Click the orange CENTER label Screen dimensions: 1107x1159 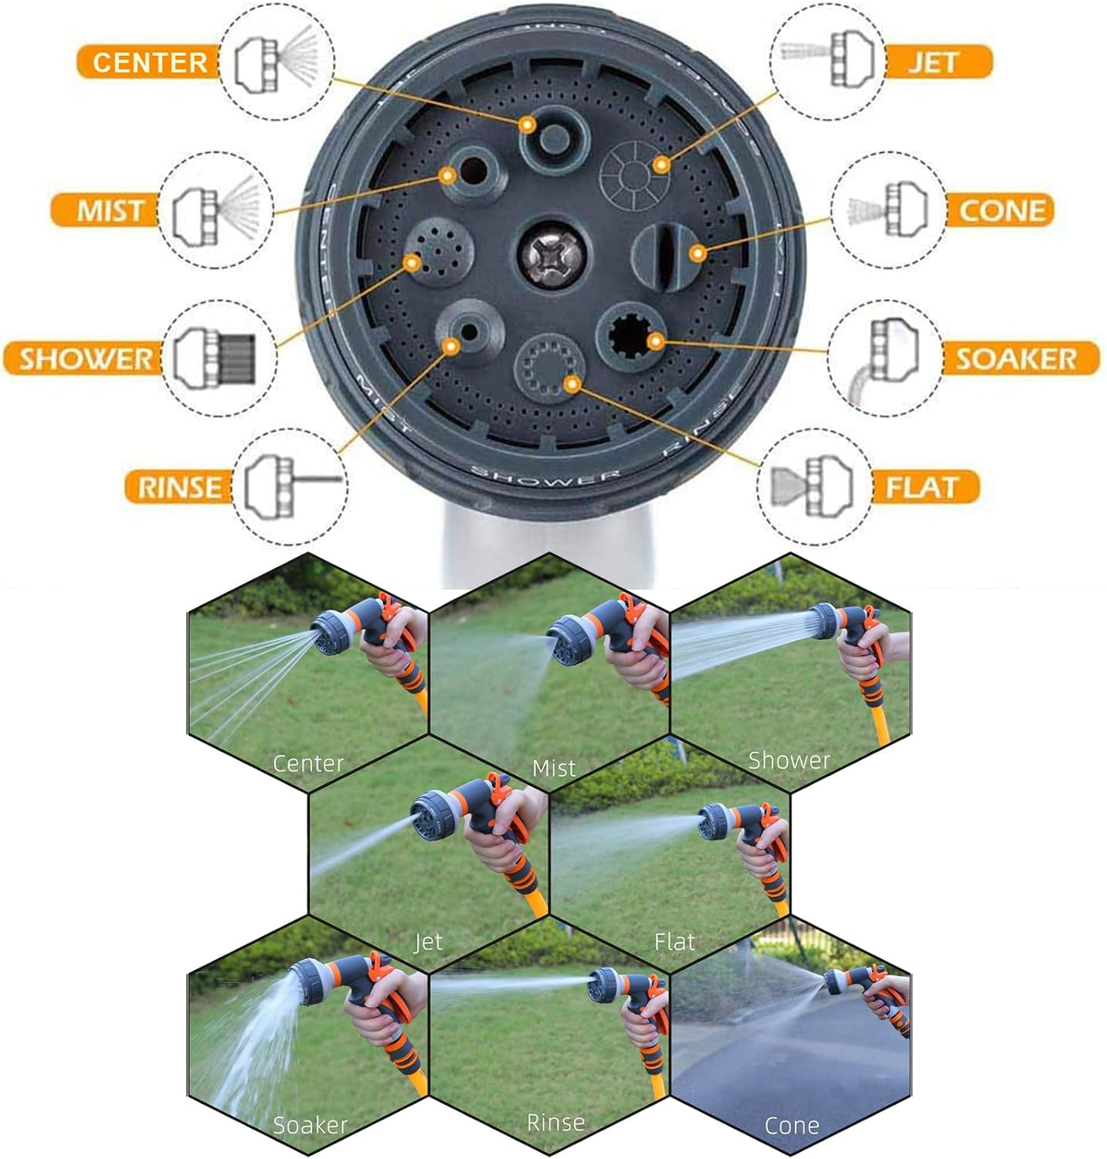tap(148, 62)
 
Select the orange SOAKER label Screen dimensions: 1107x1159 tap(1018, 359)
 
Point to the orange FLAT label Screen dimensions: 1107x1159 tap(923, 487)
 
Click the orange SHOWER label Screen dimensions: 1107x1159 tap(85, 359)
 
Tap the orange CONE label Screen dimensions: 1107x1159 tap(1000, 210)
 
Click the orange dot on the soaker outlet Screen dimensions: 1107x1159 tap(655, 341)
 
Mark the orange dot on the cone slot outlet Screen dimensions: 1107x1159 tap(697, 253)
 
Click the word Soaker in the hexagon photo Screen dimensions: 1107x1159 tap(310, 1124)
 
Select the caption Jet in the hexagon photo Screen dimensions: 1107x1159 tap(428, 941)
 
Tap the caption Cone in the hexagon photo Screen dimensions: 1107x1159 tap(791, 1125)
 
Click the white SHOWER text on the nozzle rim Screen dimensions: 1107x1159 tap(545, 477)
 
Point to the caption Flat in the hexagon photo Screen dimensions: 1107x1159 tap(674, 941)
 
